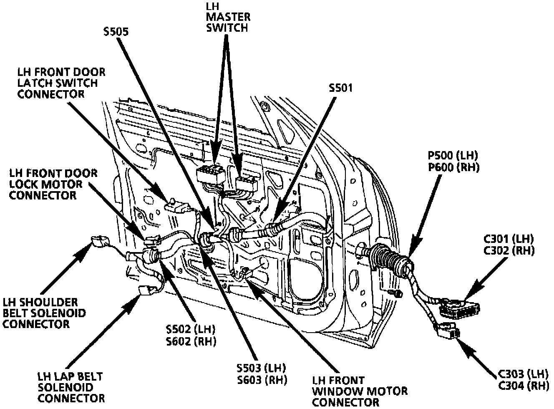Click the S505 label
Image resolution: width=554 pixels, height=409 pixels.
tap(116, 32)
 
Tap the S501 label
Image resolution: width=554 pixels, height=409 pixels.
tap(340, 88)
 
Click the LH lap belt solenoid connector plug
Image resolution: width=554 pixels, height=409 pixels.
tap(146, 290)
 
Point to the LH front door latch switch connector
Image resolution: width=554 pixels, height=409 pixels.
tap(176, 206)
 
